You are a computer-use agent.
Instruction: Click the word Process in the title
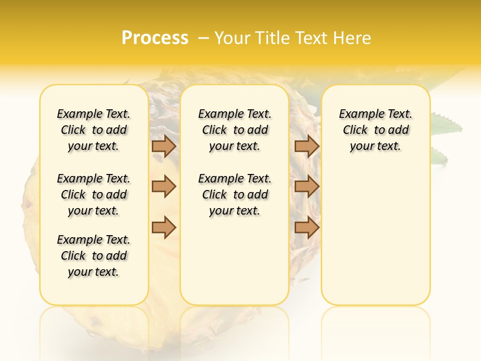(x=155, y=38)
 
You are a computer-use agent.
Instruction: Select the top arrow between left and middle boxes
(x=164, y=146)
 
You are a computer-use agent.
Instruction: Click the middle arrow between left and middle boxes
(x=164, y=187)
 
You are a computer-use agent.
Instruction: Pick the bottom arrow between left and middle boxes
(x=164, y=228)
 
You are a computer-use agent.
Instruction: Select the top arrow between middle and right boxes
(x=307, y=146)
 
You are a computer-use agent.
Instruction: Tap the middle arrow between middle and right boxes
(x=307, y=187)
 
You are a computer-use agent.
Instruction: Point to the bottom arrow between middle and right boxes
(x=307, y=228)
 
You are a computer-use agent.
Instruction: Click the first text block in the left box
(x=94, y=130)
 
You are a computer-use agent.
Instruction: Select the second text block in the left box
(x=94, y=195)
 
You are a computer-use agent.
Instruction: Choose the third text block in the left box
(x=94, y=256)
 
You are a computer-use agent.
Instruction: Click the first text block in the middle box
(x=235, y=130)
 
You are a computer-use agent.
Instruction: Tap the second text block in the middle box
(x=235, y=195)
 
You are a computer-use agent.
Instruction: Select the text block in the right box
(x=376, y=130)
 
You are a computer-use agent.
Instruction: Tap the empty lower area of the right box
(x=376, y=241)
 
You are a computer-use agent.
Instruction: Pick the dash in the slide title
(x=203, y=38)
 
